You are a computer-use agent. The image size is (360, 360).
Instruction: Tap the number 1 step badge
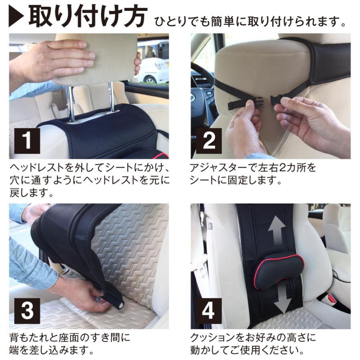[x=27, y=141]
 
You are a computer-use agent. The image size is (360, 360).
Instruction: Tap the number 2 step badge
[x=209, y=141]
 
